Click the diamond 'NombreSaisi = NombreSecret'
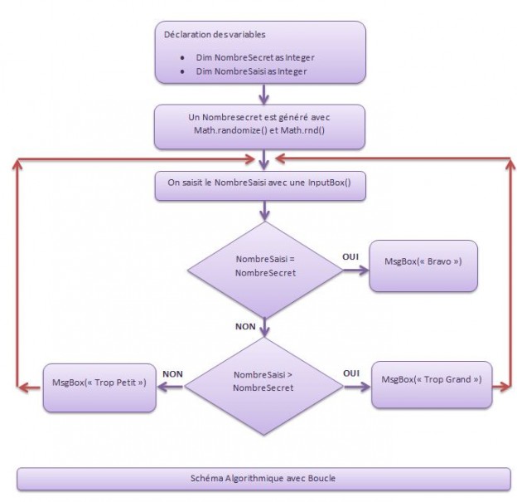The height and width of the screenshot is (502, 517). [x=264, y=266]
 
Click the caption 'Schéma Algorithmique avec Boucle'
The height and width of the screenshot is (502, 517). [x=263, y=479]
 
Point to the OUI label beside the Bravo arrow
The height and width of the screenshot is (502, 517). [x=350, y=257]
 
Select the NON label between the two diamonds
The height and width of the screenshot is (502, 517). [x=246, y=327]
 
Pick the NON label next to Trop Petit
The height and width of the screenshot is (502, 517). [x=172, y=374]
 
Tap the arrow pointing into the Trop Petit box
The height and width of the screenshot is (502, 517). [x=171, y=386]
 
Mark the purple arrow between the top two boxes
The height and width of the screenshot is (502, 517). [x=263, y=94]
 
